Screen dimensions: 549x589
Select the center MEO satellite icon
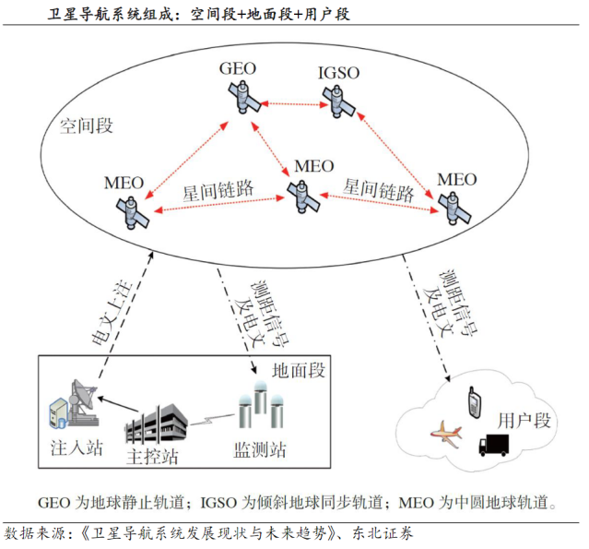pos(301,196)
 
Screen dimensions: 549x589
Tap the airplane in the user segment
pos(444,432)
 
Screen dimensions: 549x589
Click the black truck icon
pos(494,446)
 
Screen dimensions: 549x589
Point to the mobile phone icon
pos(471,400)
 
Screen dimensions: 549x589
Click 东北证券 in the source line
pos(381,533)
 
